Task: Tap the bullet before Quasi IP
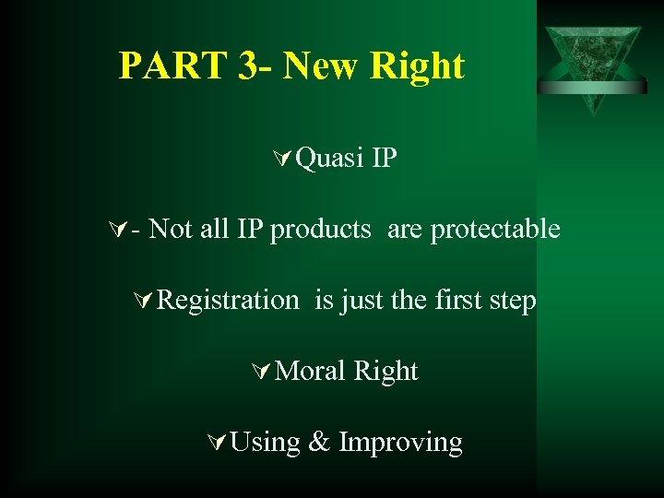(x=282, y=160)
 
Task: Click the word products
(x=320, y=230)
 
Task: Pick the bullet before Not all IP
(x=116, y=230)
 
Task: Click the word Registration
(x=228, y=301)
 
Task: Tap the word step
(x=513, y=301)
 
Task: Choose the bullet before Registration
(x=142, y=301)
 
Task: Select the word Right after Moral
(x=386, y=372)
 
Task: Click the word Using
(x=266, y=443)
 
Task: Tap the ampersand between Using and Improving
(x=319, y=443)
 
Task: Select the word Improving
(x=400, y=443)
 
